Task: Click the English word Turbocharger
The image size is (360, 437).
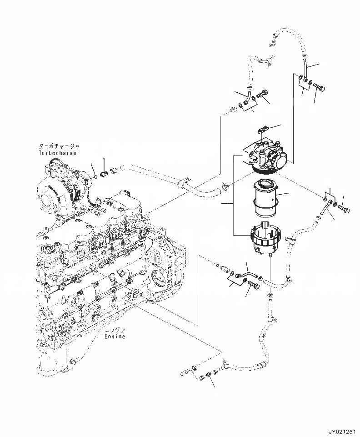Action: pyautogui.click(x=59, y=153)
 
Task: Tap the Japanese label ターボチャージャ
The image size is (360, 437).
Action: pyautogui.click(x=59, y=146)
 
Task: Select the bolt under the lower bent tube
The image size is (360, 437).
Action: pyautogui.click(x=252, y=285)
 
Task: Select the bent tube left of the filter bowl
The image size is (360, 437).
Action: pyautogui.click(x=245, y=274)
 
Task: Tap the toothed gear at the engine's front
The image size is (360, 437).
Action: pyautogui.click(x=47, y=251)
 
